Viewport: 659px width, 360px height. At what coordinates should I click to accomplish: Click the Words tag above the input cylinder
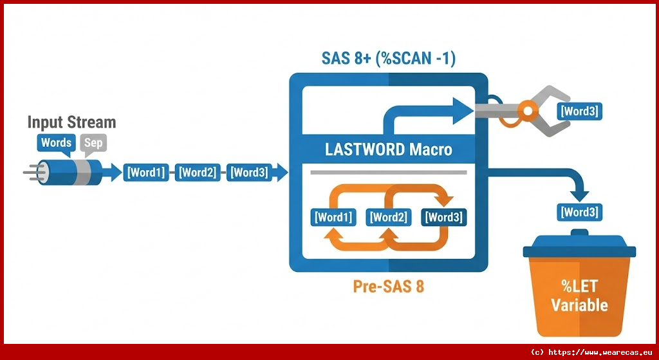[x=56, y=142]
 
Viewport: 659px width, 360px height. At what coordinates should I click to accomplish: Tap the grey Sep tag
[x=93, y=142]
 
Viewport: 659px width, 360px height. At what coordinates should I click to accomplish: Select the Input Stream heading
[x=71, y=122]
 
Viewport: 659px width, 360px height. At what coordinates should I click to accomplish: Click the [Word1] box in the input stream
[x=146, y=172]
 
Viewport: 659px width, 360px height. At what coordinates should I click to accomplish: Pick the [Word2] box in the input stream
[x=198, y=172]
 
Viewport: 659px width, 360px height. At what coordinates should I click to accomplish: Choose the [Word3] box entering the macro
[x=249, y=172]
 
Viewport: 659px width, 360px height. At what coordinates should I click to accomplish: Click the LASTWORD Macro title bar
[x=388, y=150]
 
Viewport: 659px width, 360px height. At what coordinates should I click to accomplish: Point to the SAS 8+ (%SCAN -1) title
[x=388, y=59]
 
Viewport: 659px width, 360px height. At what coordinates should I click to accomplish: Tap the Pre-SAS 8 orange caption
[x=388, y=286]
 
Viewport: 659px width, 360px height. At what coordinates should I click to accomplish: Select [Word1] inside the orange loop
[x=333, y=217]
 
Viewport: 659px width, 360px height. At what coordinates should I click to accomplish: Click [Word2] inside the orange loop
[x=388, y=217]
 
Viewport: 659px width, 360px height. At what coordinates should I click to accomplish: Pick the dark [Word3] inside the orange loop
[x=443, y=217]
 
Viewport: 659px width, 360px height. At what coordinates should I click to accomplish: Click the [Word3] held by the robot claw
[x=579, y=111]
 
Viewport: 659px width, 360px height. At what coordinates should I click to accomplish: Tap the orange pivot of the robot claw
[x=528, y=111]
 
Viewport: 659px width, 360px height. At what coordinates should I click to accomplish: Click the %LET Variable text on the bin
[x=579, y=296]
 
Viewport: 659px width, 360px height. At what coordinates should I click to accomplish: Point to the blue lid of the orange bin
[x=579, y=243]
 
